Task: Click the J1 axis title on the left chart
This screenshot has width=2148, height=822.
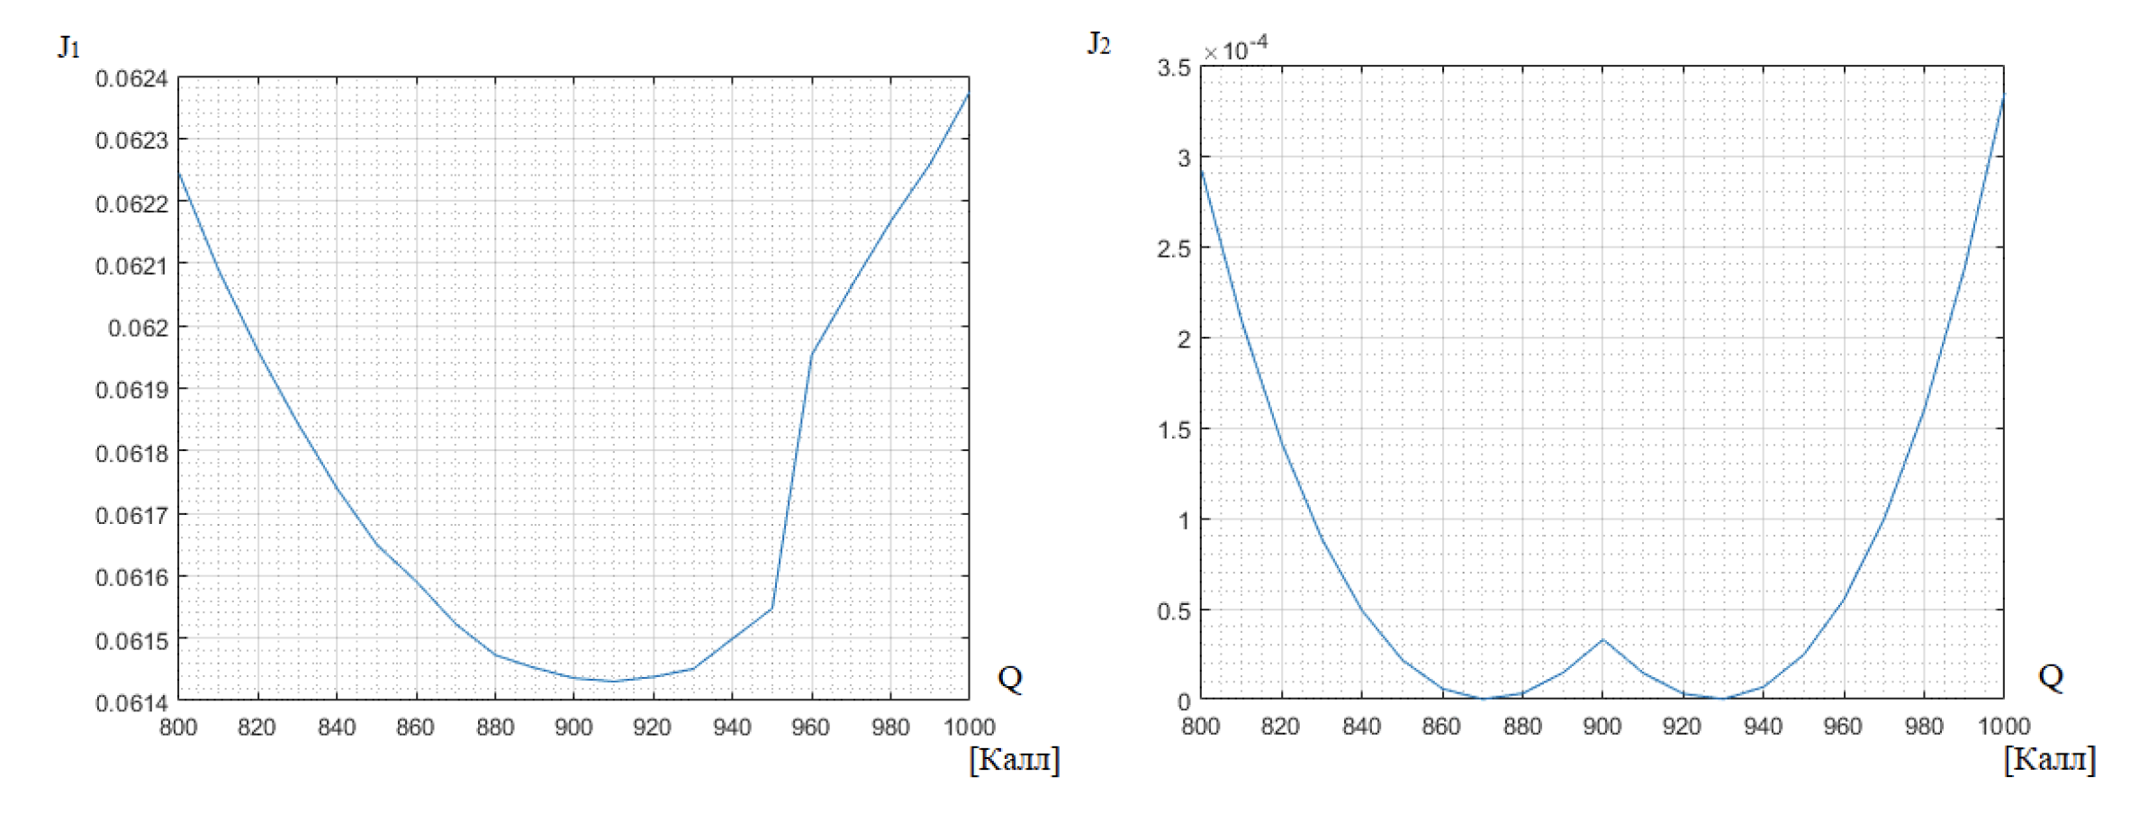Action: point(68,46)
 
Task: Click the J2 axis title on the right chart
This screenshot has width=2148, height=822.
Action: point(1098,43)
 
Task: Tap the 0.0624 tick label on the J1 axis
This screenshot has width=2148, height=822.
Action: point(131,79)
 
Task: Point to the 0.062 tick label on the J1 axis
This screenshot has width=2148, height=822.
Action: point(138,328)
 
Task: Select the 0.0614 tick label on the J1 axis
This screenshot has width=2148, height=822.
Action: point(131,702)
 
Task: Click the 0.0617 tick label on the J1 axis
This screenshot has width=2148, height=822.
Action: point(131,516)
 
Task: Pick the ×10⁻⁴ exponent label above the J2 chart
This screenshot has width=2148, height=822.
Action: point(1236,49)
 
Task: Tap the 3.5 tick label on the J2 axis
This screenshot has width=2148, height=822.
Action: point(1174,68)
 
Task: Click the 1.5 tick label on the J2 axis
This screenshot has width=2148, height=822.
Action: point(1174,430)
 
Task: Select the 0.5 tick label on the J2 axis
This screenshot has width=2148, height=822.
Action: point(1174,611)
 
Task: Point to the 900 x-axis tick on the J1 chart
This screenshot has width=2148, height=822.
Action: point(573,727)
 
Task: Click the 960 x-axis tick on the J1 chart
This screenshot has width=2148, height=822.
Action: point(810,727)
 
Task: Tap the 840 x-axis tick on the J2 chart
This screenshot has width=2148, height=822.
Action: point(1361,726)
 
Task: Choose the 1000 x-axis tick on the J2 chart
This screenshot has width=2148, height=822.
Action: point(2004,726)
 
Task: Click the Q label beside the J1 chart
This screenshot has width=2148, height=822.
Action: point(1010,677)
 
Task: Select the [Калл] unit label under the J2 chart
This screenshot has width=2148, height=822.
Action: point(2050,759)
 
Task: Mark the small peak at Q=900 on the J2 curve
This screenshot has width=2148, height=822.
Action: point(1602,639)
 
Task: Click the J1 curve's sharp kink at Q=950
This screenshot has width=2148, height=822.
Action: point(772,609)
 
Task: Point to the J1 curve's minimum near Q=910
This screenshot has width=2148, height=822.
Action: point(613,681)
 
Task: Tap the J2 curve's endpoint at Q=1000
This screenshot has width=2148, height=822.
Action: point(2003,95)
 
